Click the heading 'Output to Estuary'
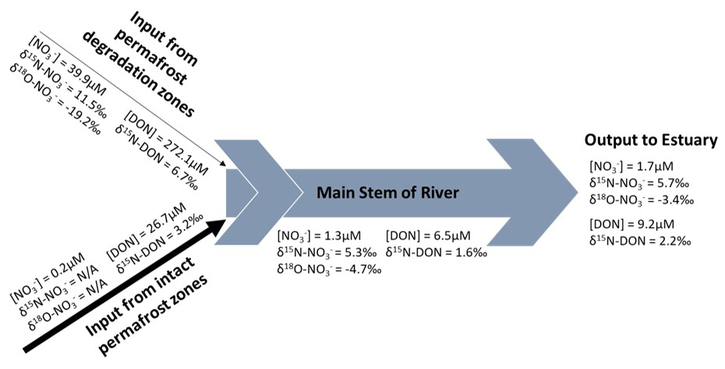651,141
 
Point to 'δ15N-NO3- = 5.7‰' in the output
639,183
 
